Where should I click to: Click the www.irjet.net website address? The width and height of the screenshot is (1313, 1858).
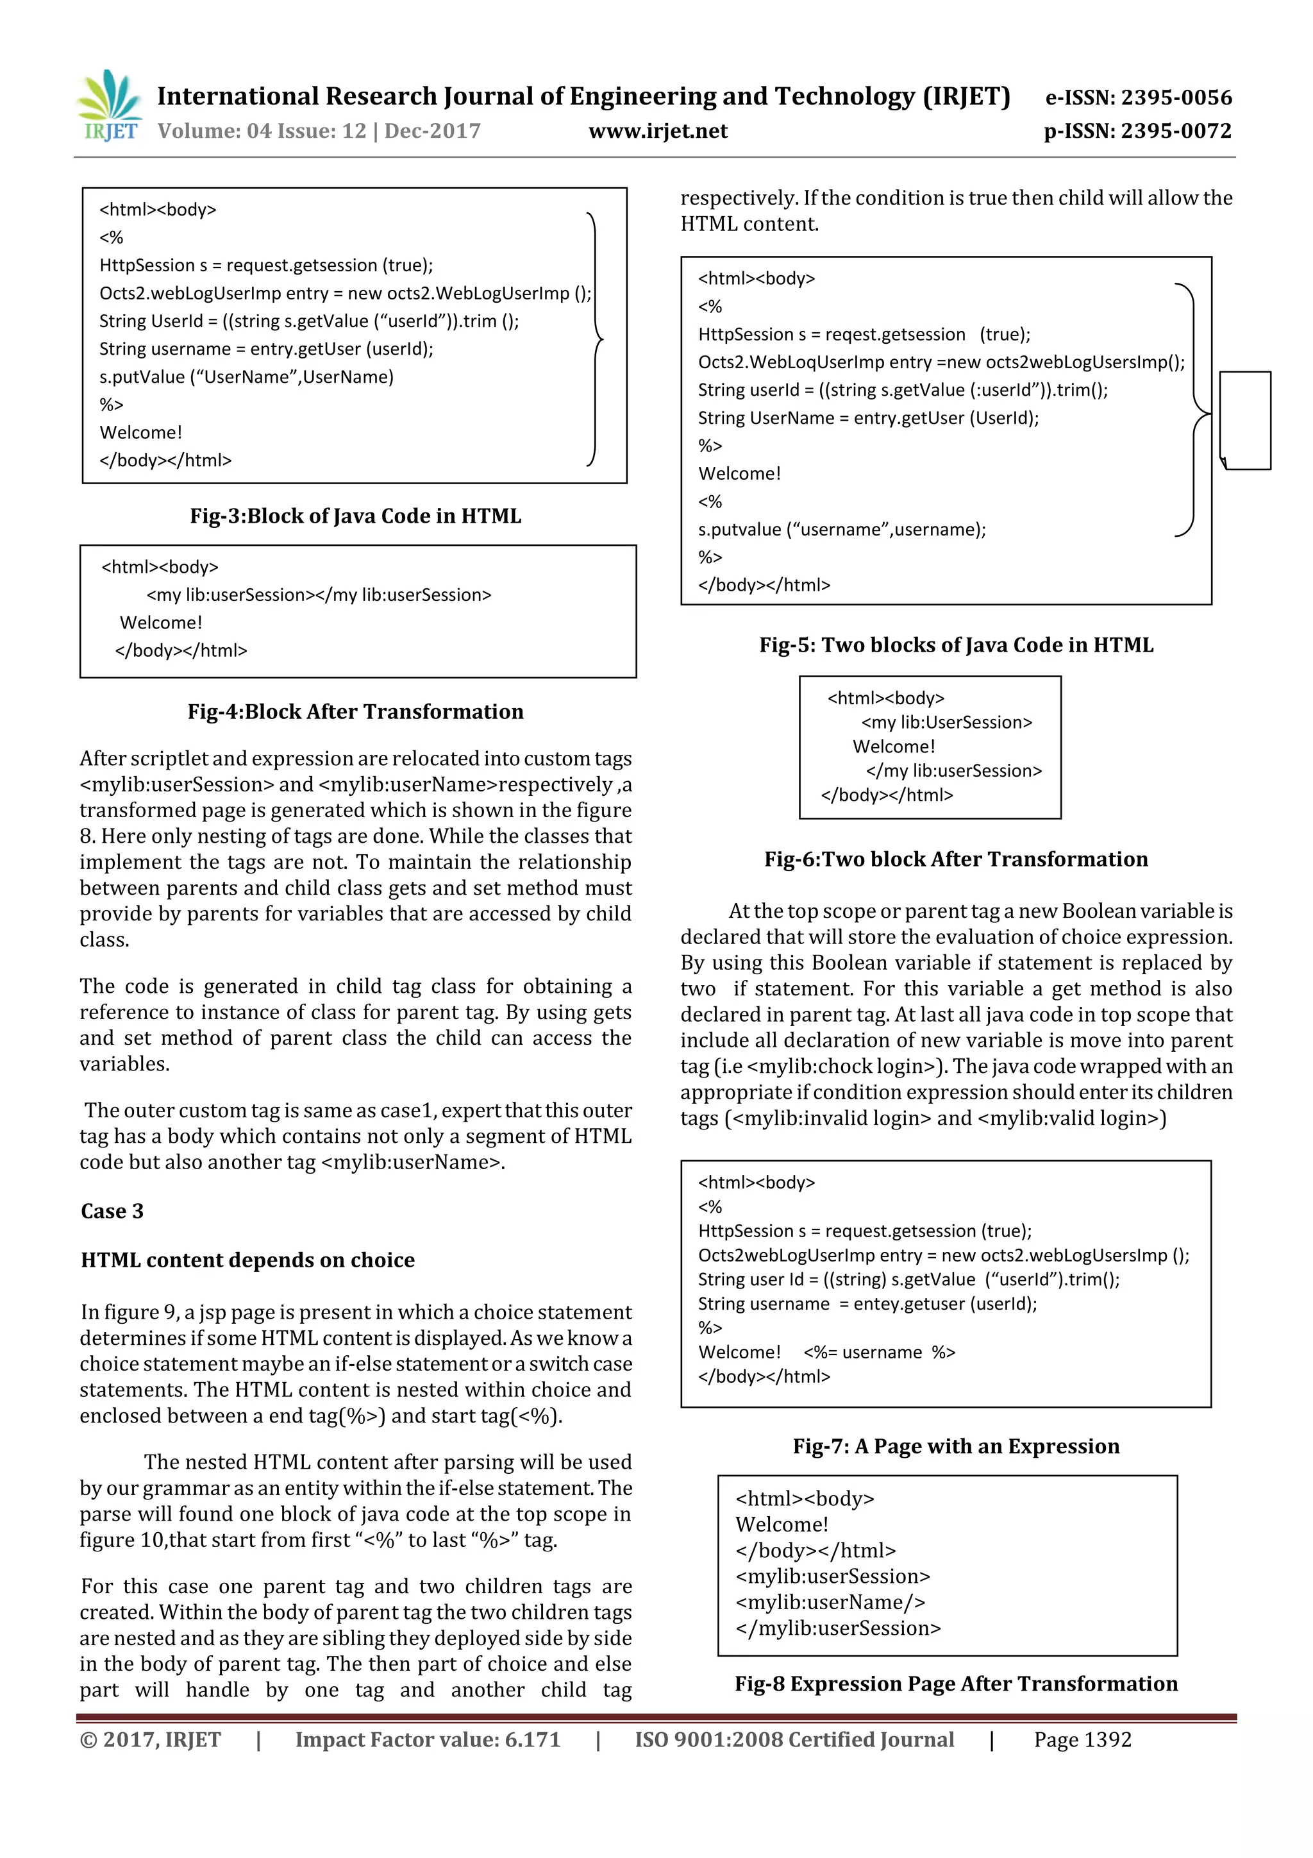(658, 131)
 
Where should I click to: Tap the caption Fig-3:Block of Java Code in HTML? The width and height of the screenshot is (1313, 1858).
(355, 516)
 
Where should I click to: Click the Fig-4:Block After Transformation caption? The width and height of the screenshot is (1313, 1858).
(355, 712)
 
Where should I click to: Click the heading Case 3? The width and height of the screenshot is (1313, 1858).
(112, 1212)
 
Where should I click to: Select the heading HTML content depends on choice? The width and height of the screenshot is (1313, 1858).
(247, 1261)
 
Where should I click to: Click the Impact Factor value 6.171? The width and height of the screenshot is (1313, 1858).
(427, 1740)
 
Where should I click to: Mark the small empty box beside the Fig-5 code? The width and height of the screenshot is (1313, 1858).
(1245, 420)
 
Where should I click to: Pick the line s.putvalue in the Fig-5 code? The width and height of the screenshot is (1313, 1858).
(841, 530)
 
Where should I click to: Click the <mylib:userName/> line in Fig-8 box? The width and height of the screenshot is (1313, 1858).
(830, 1602)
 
